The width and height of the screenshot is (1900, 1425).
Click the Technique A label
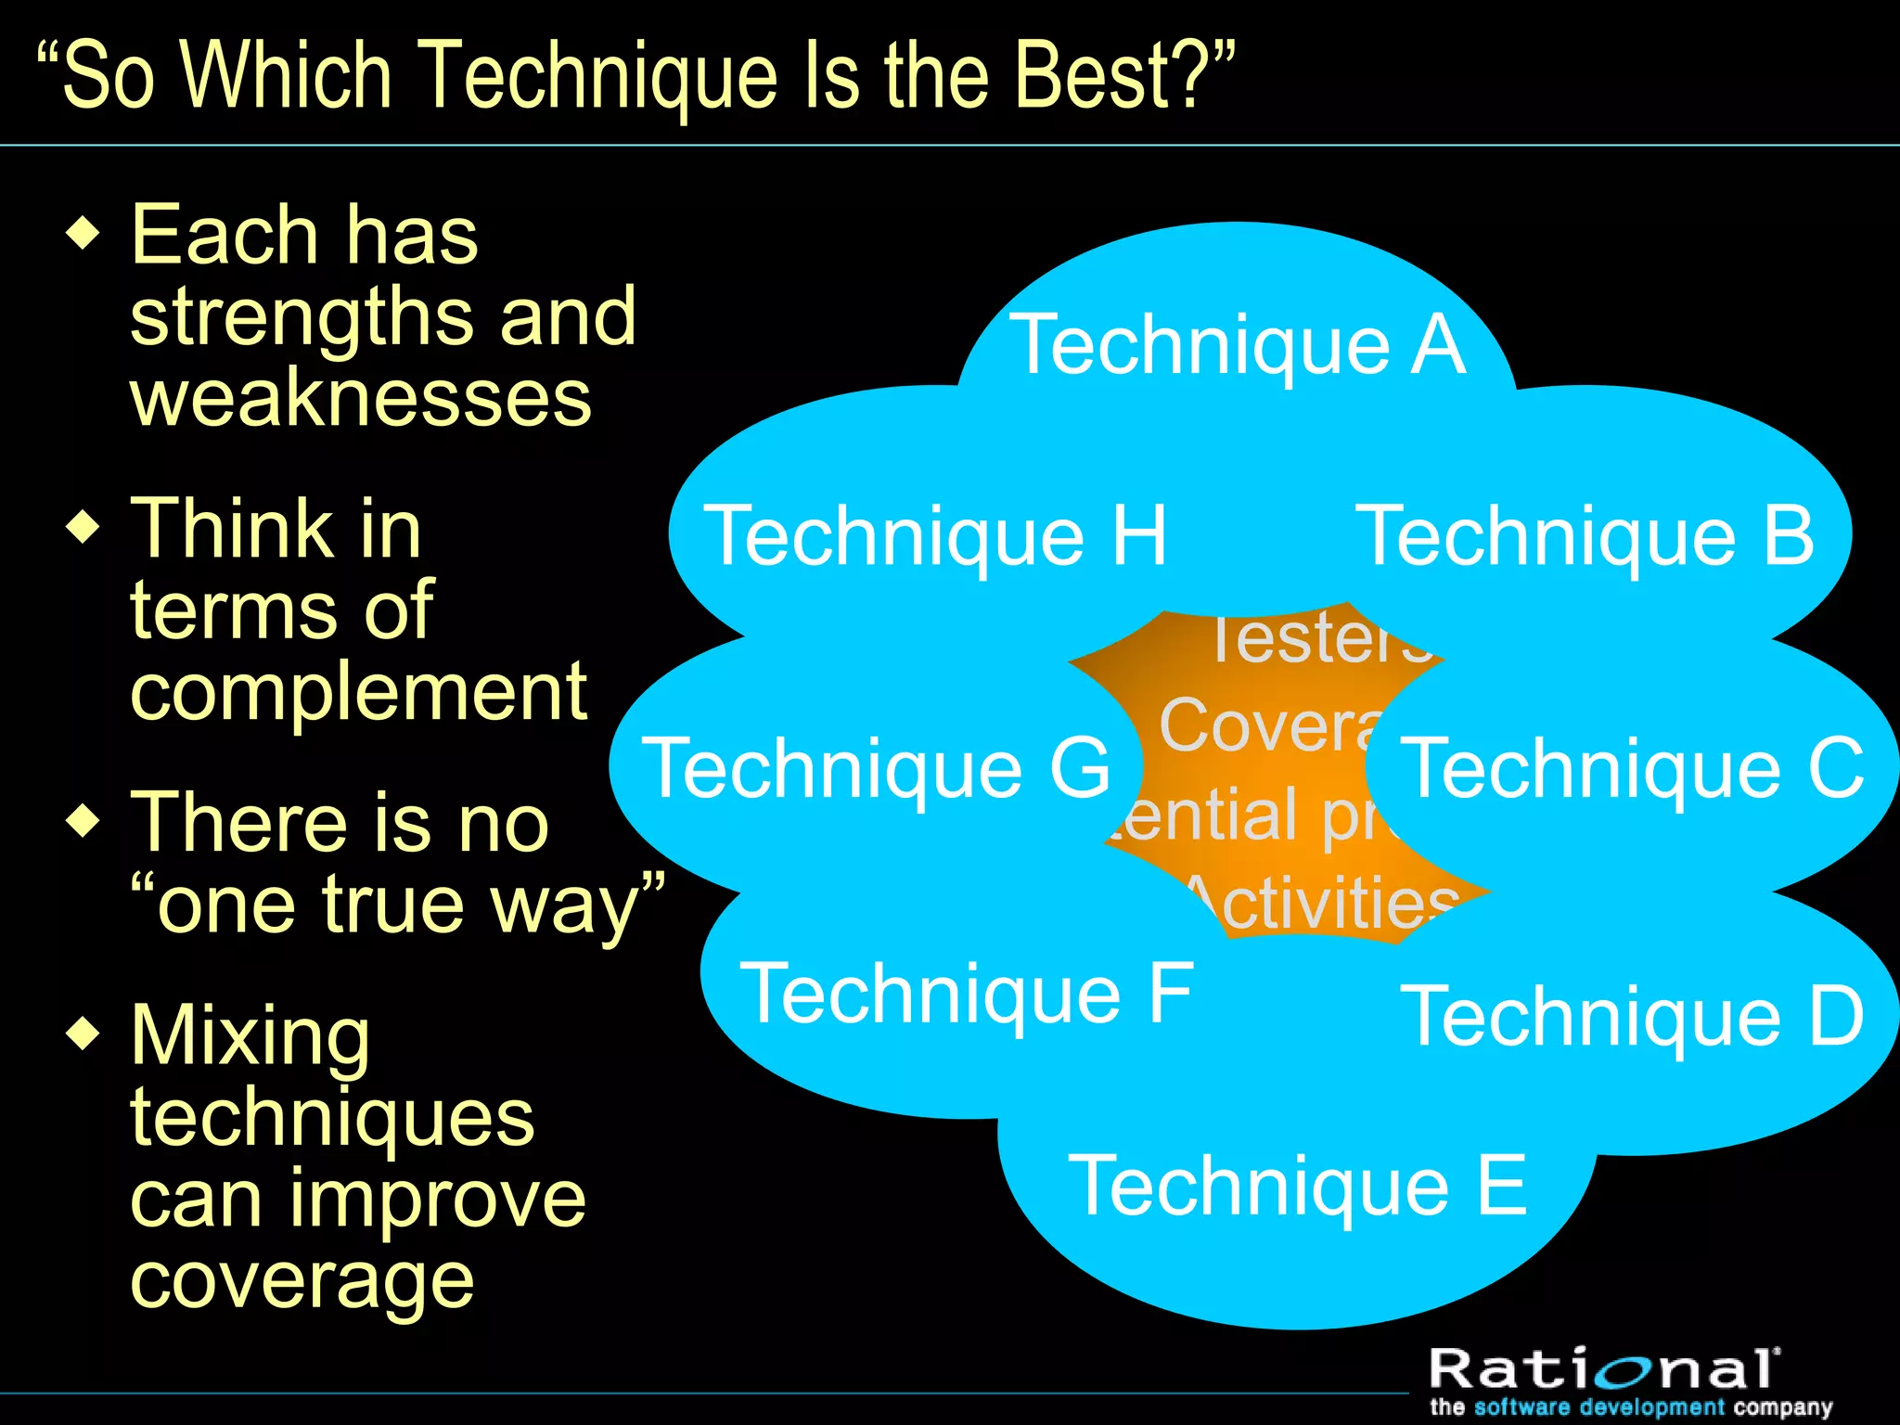1238,345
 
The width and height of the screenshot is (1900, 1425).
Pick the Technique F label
966,994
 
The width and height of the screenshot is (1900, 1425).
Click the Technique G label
876,768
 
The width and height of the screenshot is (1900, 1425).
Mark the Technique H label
935,535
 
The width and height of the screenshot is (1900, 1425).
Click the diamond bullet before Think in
83,527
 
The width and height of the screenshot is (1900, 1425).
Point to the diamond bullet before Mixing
83,1033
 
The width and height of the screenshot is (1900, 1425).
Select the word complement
358,694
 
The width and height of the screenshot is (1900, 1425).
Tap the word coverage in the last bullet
302,1282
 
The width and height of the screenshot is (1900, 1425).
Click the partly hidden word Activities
1327,905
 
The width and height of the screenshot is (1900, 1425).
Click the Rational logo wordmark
1603,1368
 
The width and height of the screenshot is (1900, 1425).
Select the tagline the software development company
1630,1407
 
